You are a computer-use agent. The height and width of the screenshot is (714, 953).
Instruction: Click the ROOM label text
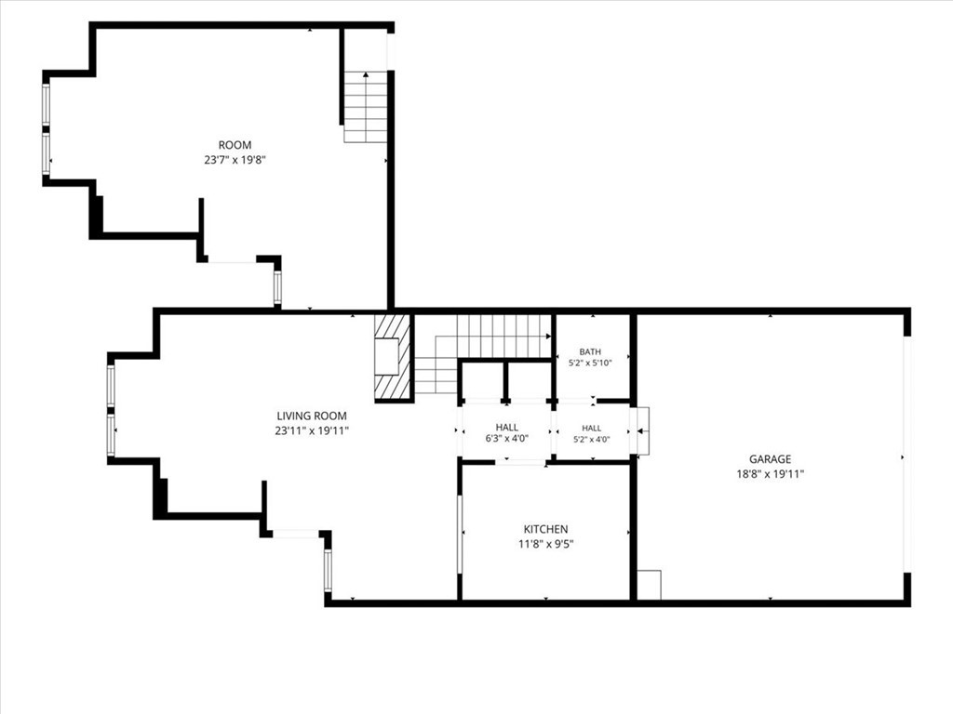pyautogui.click(x=235, y=145)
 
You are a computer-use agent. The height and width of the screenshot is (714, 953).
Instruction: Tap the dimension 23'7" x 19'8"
pyautogui.click(x=235, y=160)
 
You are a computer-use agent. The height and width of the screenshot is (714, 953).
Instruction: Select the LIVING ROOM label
pyautogui.click(x=312, y=416)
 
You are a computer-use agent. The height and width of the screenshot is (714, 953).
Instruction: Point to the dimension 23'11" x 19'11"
pyautogui.click(x=312, y=431)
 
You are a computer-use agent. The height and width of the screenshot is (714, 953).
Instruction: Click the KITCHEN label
pyautogui.click(x=545, y=529)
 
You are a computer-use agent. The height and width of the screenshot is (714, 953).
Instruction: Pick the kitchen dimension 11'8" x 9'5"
pyautogui.click(x=545, y=544)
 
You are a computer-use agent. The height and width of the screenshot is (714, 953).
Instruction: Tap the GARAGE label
pyautogui.click(x=770, y=459)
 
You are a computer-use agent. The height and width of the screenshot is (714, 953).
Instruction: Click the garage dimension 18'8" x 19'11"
pyautogui.click(x=770, y=474)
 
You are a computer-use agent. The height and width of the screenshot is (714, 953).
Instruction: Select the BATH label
pyautogui.click(x=590, y=351)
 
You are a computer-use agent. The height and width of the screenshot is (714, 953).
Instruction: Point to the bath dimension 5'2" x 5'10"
pyautogui.click(x=590, y=364)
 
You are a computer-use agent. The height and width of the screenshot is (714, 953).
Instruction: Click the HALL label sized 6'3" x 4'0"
pyautogui.click(x=507, y=428)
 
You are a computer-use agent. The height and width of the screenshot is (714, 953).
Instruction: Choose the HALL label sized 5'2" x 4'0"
pyautogui.click(x=591, y=428)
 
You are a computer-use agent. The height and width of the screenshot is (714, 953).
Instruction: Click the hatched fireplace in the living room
pyautogui.click(x=394, y=358)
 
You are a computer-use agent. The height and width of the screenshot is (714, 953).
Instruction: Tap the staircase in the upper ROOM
pyautogui.click(x=365, y=107)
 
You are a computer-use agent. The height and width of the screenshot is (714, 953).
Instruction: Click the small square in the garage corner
pyautogui.click(x=649, y=585)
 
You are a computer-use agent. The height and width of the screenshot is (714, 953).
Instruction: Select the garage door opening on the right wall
pyautogui.click(x=907, y=455)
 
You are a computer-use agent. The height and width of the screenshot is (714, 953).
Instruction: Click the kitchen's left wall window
pyautogui.click(x=460, y=534)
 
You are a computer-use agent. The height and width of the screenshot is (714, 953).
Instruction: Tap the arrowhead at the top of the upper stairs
pyautogui.click(x=366, y=74)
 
